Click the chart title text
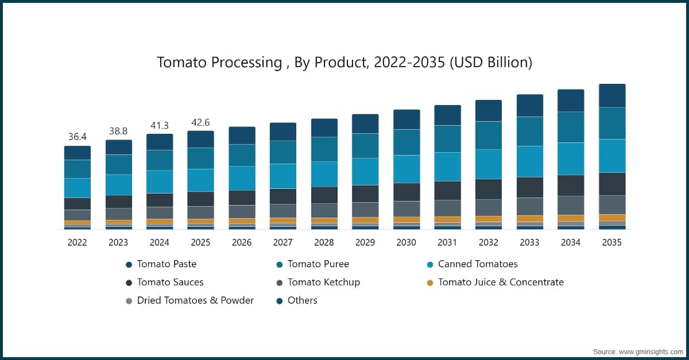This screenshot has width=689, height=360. [344, 63]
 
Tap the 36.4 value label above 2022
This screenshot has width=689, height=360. [77, 137]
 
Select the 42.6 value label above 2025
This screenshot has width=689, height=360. [200, 122]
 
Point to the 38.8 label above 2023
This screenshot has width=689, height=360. [118, 131]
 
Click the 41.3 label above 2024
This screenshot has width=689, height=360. [159, 125]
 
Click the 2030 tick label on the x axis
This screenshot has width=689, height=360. [406, 243]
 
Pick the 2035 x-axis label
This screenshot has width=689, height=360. [611, 243]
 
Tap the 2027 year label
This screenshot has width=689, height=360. [282, 243]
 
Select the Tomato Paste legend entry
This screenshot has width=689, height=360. [167, 264]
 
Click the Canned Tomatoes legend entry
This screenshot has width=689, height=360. [477, 264]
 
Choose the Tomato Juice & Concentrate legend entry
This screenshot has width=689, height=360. [500, 282]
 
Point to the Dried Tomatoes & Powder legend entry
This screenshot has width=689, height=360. [195, 300]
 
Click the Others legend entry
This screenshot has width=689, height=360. [302, 300]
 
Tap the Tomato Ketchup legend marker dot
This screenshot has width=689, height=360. [279, 282]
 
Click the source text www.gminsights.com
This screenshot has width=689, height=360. [650, 351]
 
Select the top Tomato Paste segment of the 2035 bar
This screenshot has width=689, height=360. [612, 95]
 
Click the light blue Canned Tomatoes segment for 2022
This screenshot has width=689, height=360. [78, 188]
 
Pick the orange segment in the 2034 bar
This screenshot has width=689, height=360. [571, 218]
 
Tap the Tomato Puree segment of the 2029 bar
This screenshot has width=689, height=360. [365, 146]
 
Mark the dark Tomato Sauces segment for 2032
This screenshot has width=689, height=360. [489, 189]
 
